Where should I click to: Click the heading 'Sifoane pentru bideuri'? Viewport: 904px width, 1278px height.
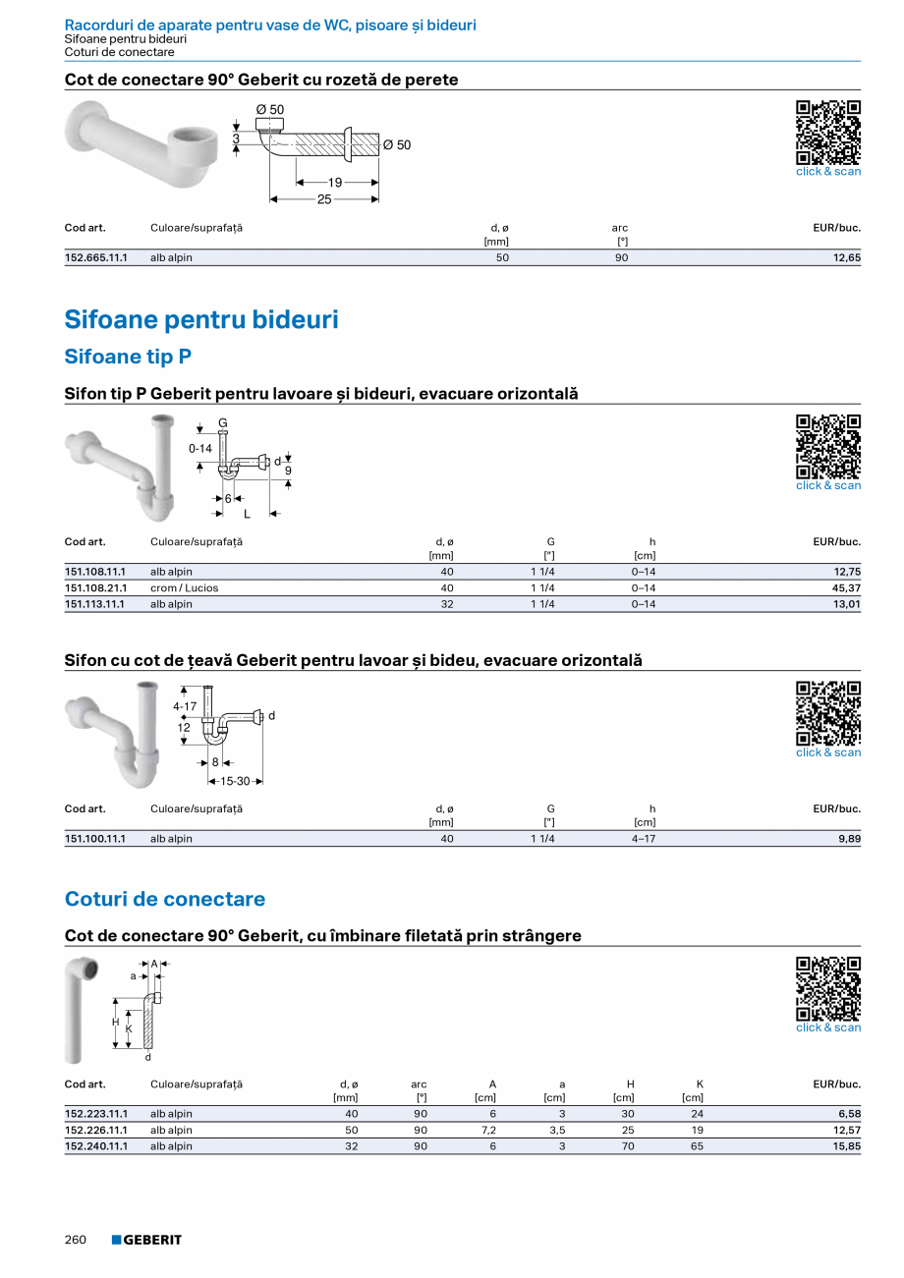(x=201, y=319)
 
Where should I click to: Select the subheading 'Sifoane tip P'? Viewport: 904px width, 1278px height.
(x=128, y=357)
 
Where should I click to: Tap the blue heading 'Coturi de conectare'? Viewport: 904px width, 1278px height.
(x=164, y=899)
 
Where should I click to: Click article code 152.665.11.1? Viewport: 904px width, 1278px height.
(x=95, y=257)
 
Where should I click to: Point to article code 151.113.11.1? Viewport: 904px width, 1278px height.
(x=94, y=604)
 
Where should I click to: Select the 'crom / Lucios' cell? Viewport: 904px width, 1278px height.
(x=184, y=587)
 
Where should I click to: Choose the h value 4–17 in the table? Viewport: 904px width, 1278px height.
(x=644, y=839)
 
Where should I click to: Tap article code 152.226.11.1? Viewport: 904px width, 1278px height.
(x=95, y=1130)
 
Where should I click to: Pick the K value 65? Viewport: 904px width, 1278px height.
(x=697, y=1146)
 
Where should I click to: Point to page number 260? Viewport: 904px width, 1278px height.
(x=76, y=1240)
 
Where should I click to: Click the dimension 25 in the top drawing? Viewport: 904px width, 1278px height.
(x=324, y=199)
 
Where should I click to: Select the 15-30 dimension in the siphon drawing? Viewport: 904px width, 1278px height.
(x=235, y=781)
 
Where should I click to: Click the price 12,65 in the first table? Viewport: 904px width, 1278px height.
(x=846, y=257)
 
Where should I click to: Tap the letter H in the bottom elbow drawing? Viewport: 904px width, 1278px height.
(x=116, y=1022)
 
